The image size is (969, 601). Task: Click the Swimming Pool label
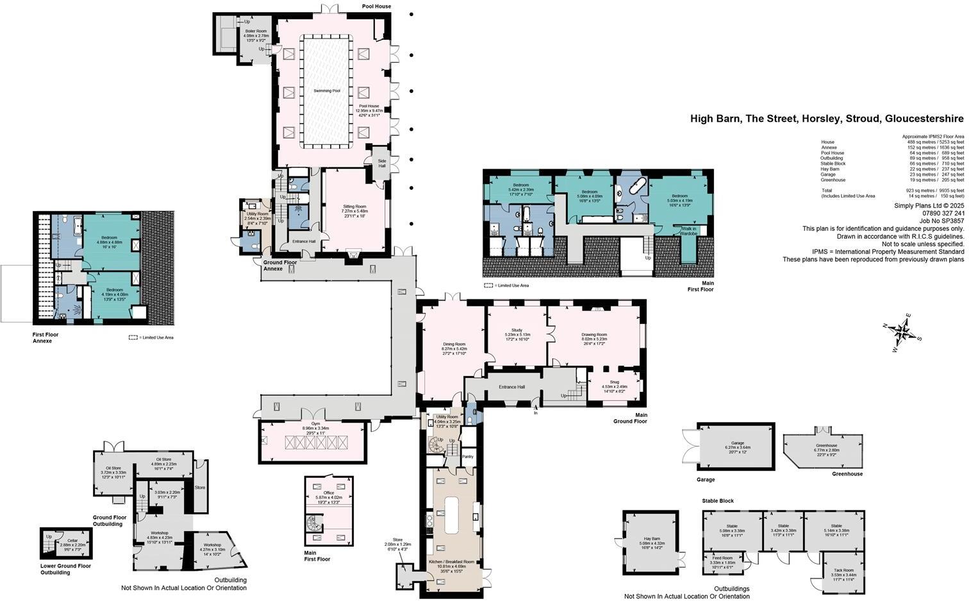coord(327,91)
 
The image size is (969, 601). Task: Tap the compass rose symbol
coord(903,332)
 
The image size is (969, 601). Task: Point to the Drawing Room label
coord(593,335)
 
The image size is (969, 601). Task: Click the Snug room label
coord(614,382)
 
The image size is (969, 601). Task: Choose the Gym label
coord(315,424)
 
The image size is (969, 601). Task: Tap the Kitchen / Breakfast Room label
coord(451,562)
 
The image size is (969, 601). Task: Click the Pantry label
coord(467,457)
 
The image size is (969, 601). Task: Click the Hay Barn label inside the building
coord(651,539)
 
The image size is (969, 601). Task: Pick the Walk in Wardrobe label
coord(689,231)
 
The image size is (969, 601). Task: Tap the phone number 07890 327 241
coord(943,213)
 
